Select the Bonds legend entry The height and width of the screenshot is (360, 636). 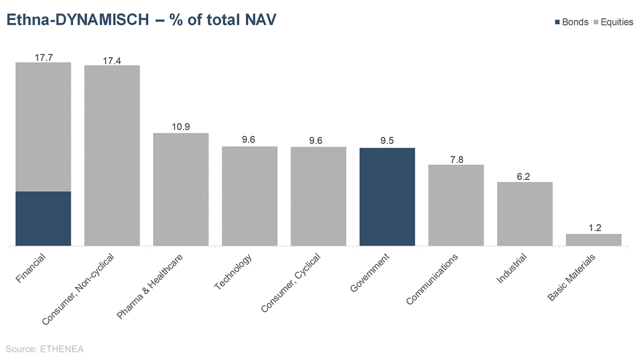(x=571, y=22)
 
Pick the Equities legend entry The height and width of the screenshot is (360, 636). (x=612, y=22)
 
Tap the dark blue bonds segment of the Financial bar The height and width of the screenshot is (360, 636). (x=43, y=218)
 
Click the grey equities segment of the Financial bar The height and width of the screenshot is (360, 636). (x=43, y=127)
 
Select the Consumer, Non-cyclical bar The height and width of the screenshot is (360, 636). (x=112, y=155)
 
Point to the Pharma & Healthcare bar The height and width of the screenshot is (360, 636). (x=181, y=189)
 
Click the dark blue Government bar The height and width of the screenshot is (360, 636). (x=387, y=197)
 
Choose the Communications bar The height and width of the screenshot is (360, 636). (x=456, y=205)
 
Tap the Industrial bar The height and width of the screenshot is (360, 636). (x=525, y=214)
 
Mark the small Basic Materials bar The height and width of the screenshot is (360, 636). (x=593, y=240)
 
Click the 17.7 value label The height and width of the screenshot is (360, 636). (x=43, y=57)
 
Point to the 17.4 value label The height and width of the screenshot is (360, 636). (x=112, y=60)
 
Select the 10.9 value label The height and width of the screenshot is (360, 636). (x=181, y=127)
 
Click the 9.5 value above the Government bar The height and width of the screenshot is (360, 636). (x=387, y=141)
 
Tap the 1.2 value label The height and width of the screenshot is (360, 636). (x=595, y=228)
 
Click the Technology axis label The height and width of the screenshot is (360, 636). (x=233, y=272)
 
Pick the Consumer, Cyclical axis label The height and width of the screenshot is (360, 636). (x=291, y=283)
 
